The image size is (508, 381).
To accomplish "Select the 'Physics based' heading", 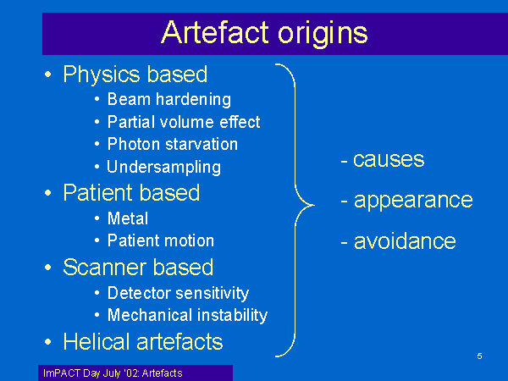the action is click(x=135, y=75).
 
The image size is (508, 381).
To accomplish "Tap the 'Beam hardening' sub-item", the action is click(x=169, y=99).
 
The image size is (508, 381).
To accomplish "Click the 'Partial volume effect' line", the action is click(x=184, y=122).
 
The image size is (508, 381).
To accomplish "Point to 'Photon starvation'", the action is click(x=173, y=144).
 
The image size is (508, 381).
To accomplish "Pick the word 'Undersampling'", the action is click(x=164, y=167).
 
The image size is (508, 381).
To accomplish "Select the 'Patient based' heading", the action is click(x=131, y=193).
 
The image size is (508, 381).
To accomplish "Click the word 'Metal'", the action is click(x=128, y=218).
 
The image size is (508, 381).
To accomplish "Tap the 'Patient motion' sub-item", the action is click(x=161, y=240).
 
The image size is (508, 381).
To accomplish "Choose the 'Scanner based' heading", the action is click(x=138, y=268).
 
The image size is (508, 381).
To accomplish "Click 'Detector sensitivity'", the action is click(x=178, y=293).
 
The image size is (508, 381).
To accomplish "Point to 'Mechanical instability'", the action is click(x=188, y=315).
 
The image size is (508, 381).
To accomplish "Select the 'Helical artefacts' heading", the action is click(x=143, y=342).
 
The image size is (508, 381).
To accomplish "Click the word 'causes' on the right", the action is click(x=389, y=159).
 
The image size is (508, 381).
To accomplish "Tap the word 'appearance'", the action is click(x=413, y=201).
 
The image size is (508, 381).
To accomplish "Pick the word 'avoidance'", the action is click(x=405, y=241).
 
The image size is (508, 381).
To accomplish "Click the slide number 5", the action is click(x=479, y=356).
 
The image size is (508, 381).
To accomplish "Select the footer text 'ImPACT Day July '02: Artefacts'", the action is click(x=113, y=373).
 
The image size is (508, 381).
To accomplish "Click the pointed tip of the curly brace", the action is click(x=314, y=205).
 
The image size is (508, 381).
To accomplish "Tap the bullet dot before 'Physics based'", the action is click(x=48, y=75).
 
